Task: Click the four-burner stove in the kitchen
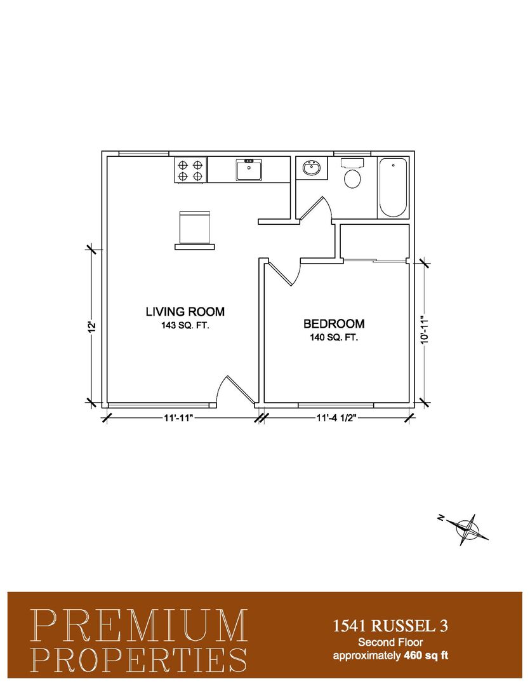point(190,170)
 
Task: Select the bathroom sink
point(312,168)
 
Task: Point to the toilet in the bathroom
point(352,173)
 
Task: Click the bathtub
point(392,187)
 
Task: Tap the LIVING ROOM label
point(185,311)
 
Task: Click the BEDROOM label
point(334,324)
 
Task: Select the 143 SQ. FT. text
point(185,325)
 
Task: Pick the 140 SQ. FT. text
point(334,338)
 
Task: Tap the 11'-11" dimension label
point(178,418)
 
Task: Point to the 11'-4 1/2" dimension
point(336,418)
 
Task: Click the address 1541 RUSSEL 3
point(390,626)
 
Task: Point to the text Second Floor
point(390,642)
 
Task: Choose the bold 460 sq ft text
point(426,656)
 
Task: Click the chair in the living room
point(195,230)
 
